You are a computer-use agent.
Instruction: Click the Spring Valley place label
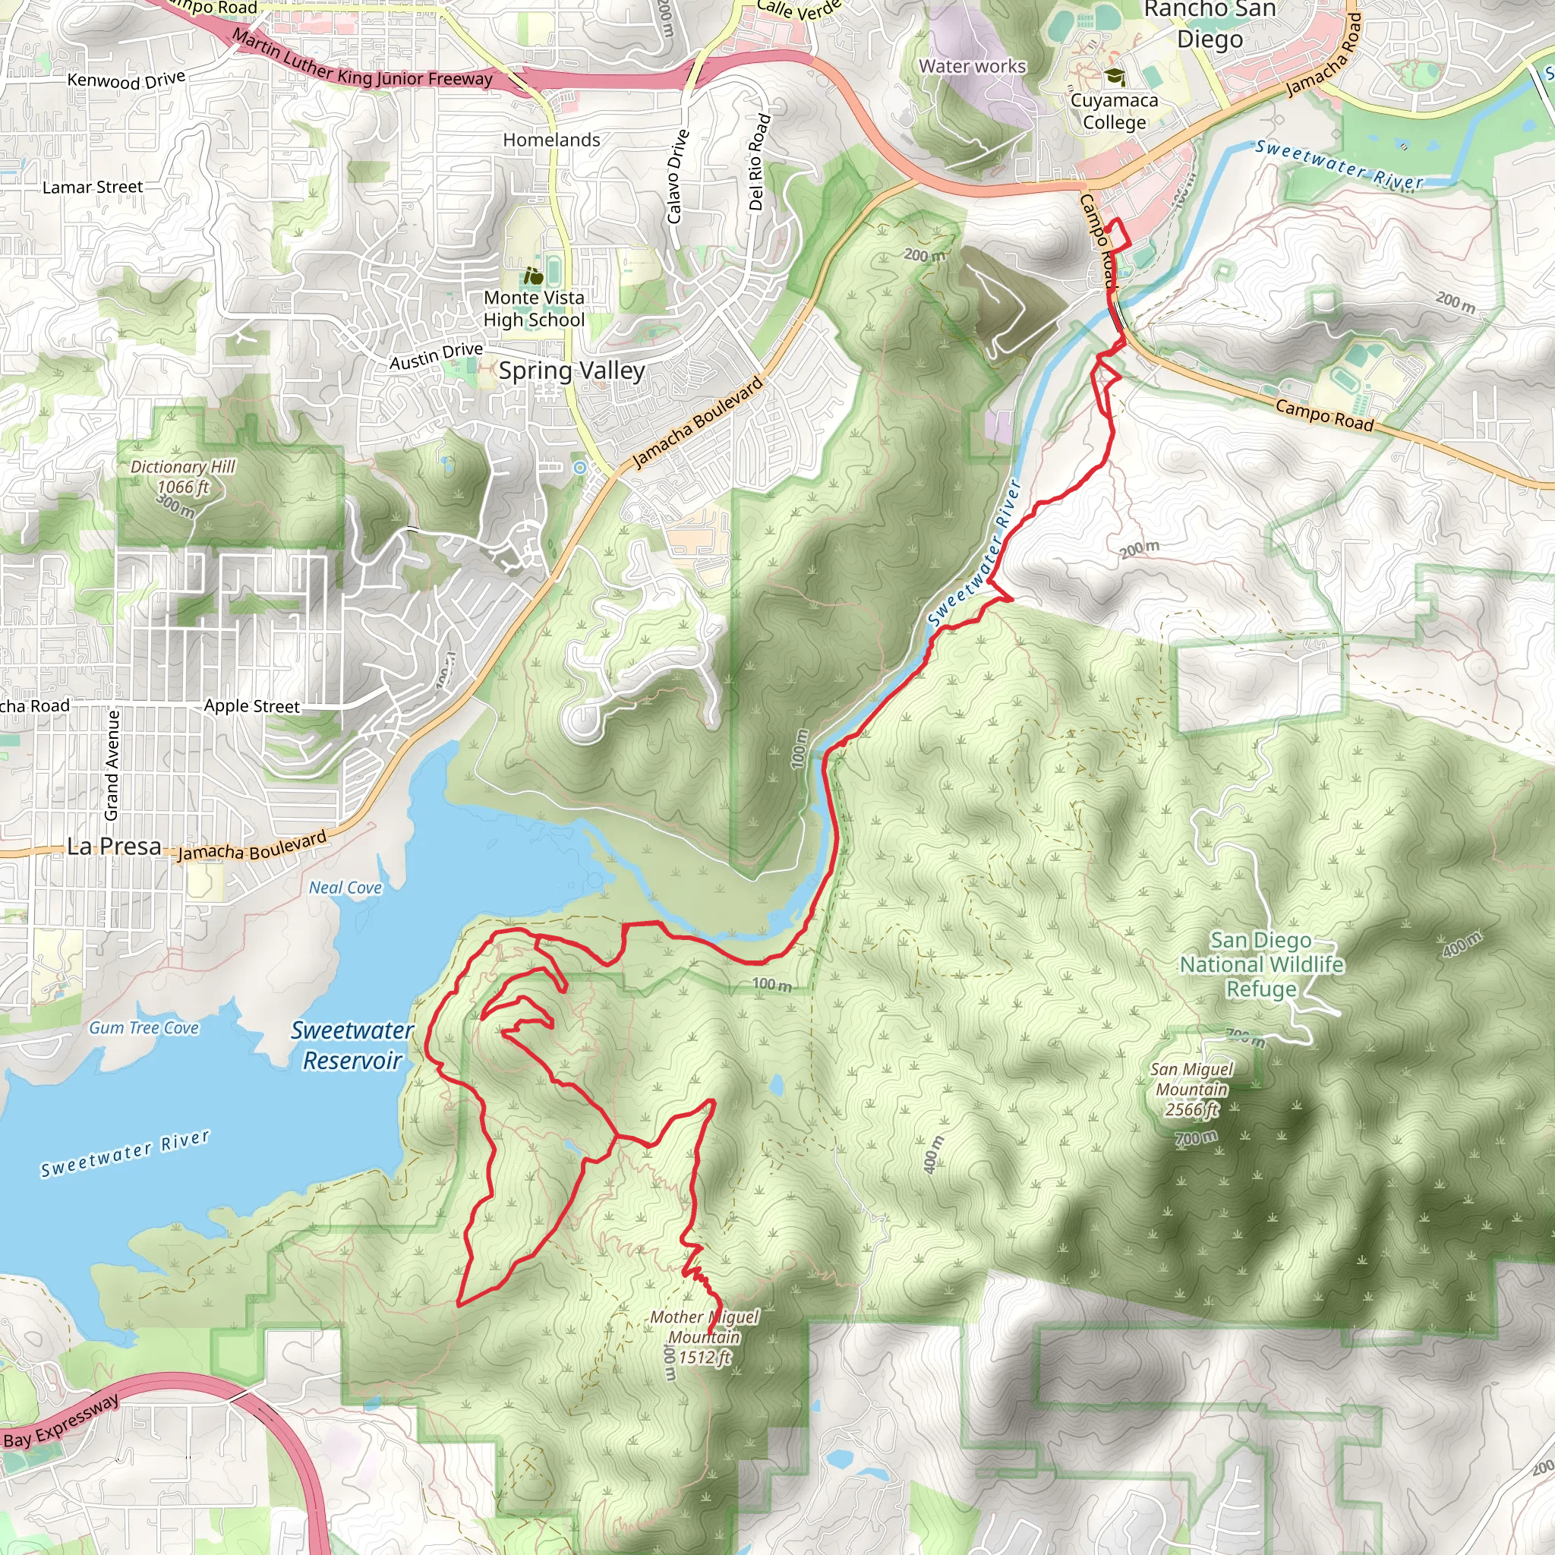pos(572,371)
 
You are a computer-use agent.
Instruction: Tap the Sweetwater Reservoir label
pos(352,1045)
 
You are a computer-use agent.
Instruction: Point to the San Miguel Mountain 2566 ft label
pos(1191,1089)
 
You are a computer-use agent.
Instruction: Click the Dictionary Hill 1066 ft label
pos(183,478)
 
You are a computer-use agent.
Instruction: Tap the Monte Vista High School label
pos(534,309)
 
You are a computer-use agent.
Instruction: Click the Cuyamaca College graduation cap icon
pos(1115,77)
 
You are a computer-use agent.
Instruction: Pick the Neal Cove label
pos(345,888)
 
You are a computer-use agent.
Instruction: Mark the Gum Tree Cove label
pos(144,1028)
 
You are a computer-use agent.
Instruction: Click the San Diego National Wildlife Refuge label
pos(1261,964)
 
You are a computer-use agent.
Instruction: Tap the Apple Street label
pos(251,706)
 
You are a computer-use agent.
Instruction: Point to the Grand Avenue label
pos(112,765)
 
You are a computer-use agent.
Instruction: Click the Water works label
pos(973,67)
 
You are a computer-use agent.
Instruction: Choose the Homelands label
pos(551,140)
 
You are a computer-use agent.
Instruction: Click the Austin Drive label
pos(437,356)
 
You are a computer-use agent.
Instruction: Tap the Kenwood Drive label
pos(126,80)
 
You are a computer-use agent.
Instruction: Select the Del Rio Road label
pos(759,162)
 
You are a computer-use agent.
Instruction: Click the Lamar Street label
pos(93,188)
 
